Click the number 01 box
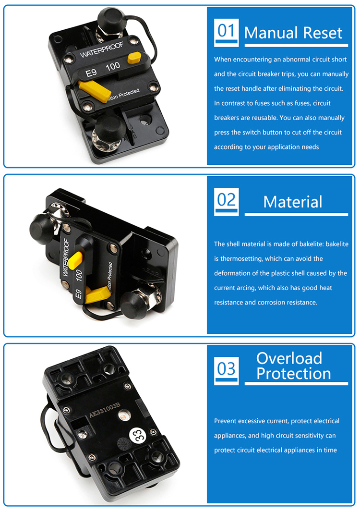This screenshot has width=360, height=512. [226, 32]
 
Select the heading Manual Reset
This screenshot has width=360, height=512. [293, 33]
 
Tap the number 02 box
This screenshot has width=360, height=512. [226, 201]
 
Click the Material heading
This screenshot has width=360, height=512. [293, 202]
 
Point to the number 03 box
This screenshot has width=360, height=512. [226, 371]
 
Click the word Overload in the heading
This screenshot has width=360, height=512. [289, 358]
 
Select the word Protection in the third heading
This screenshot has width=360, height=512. [293, 374]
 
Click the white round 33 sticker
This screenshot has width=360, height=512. [137, 435]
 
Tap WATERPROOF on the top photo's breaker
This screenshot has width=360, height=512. [101, 49]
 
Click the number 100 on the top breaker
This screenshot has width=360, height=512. [113, 66]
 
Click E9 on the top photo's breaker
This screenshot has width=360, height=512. [91, 73]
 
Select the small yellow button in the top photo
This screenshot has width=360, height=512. [134, 58]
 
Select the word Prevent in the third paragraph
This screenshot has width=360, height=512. [225, 421]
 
